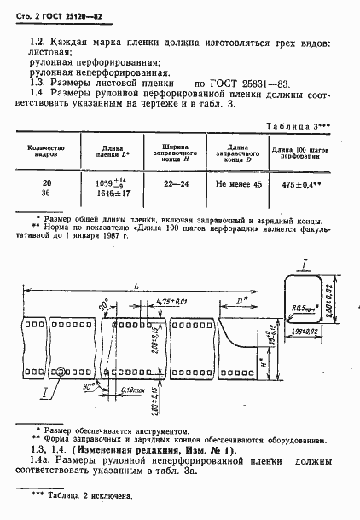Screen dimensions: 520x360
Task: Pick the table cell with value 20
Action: pyautogui.click(x=46, y=183)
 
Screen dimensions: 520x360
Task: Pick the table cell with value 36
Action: pyautogui.click(x=46, y=194)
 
